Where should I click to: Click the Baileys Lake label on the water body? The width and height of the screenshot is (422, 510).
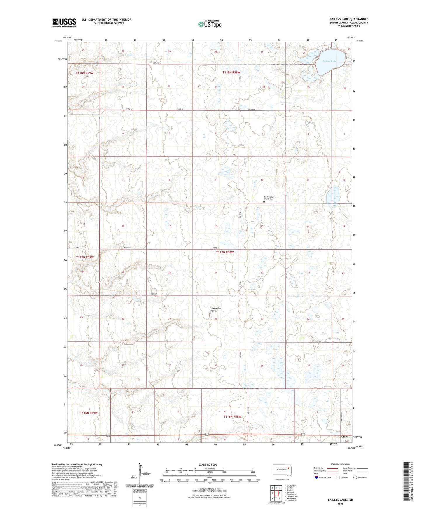pyautogui.click(x=329, y=61)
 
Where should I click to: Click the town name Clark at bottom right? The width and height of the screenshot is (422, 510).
pyautogui.click(x=345, y=437)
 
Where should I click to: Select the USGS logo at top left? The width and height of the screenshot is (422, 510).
pyautogui.click(x=64, y=22)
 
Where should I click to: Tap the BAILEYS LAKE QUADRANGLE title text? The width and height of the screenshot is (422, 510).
pyautogui.click(x=349, y=19)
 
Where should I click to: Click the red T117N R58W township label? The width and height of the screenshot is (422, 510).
pyautogui.click(x=225, y=252)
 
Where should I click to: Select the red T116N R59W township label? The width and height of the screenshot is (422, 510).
pyautogui.click(x=88, y=413)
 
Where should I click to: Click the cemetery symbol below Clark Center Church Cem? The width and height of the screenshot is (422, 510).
pyautogui.click(x=264, y=202)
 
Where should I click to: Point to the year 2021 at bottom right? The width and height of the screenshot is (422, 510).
pyautogui.click(x=340, y=504)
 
